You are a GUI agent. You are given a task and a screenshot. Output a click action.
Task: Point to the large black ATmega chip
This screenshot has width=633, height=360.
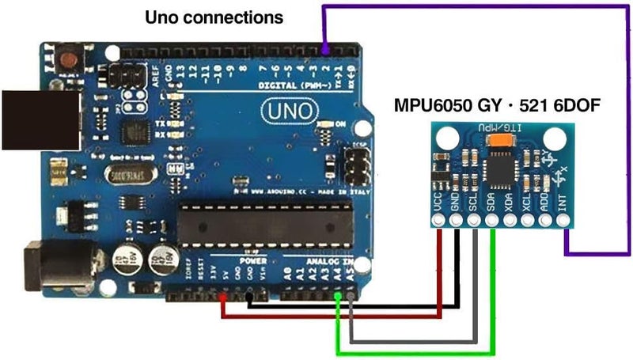264,224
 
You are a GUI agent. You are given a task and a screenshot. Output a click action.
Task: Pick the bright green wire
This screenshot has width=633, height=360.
411,352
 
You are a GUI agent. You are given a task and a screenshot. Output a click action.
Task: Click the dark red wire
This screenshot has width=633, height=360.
332,317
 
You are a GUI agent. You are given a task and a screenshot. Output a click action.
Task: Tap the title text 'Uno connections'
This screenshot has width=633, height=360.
214,17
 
